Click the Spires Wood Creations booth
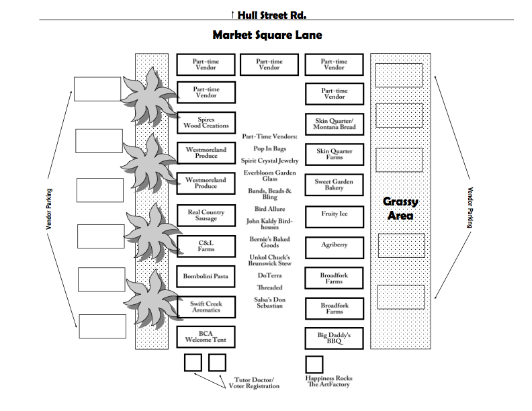pyautogui.click(x=206, y=122)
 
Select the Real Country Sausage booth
pyautogui.click(x=206, y=215)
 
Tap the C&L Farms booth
pyautogui.click(x=206, y=245)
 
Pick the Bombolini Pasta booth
pyautogui.click(x=206, y=276)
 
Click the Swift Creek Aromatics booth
pyautogui.click(x=206, y=307)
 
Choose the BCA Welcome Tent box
pyautogui.click(x=206, y=337)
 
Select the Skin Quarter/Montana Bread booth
pyautogui.click(x=335, y=124)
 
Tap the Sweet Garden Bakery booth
pyautogui.click(x=335, y=185)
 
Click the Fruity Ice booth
pyautogui.click(x=335, y=214)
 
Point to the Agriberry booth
pyautogui.click(x=335, y=245)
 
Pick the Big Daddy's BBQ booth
pyautogui.click(x=335, y=337)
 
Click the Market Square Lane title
pyautogui.click(x=267, y=34)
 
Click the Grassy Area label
pyautogui.click(x=400, y=208)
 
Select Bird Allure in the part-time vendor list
pyautogui.click(x=269, y=210)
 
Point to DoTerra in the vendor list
pyautogui.click(x=269, y=275)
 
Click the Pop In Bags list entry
pyautogui.click(x=269, y=148)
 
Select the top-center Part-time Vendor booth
pyautogui.click(x=269, y=64)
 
